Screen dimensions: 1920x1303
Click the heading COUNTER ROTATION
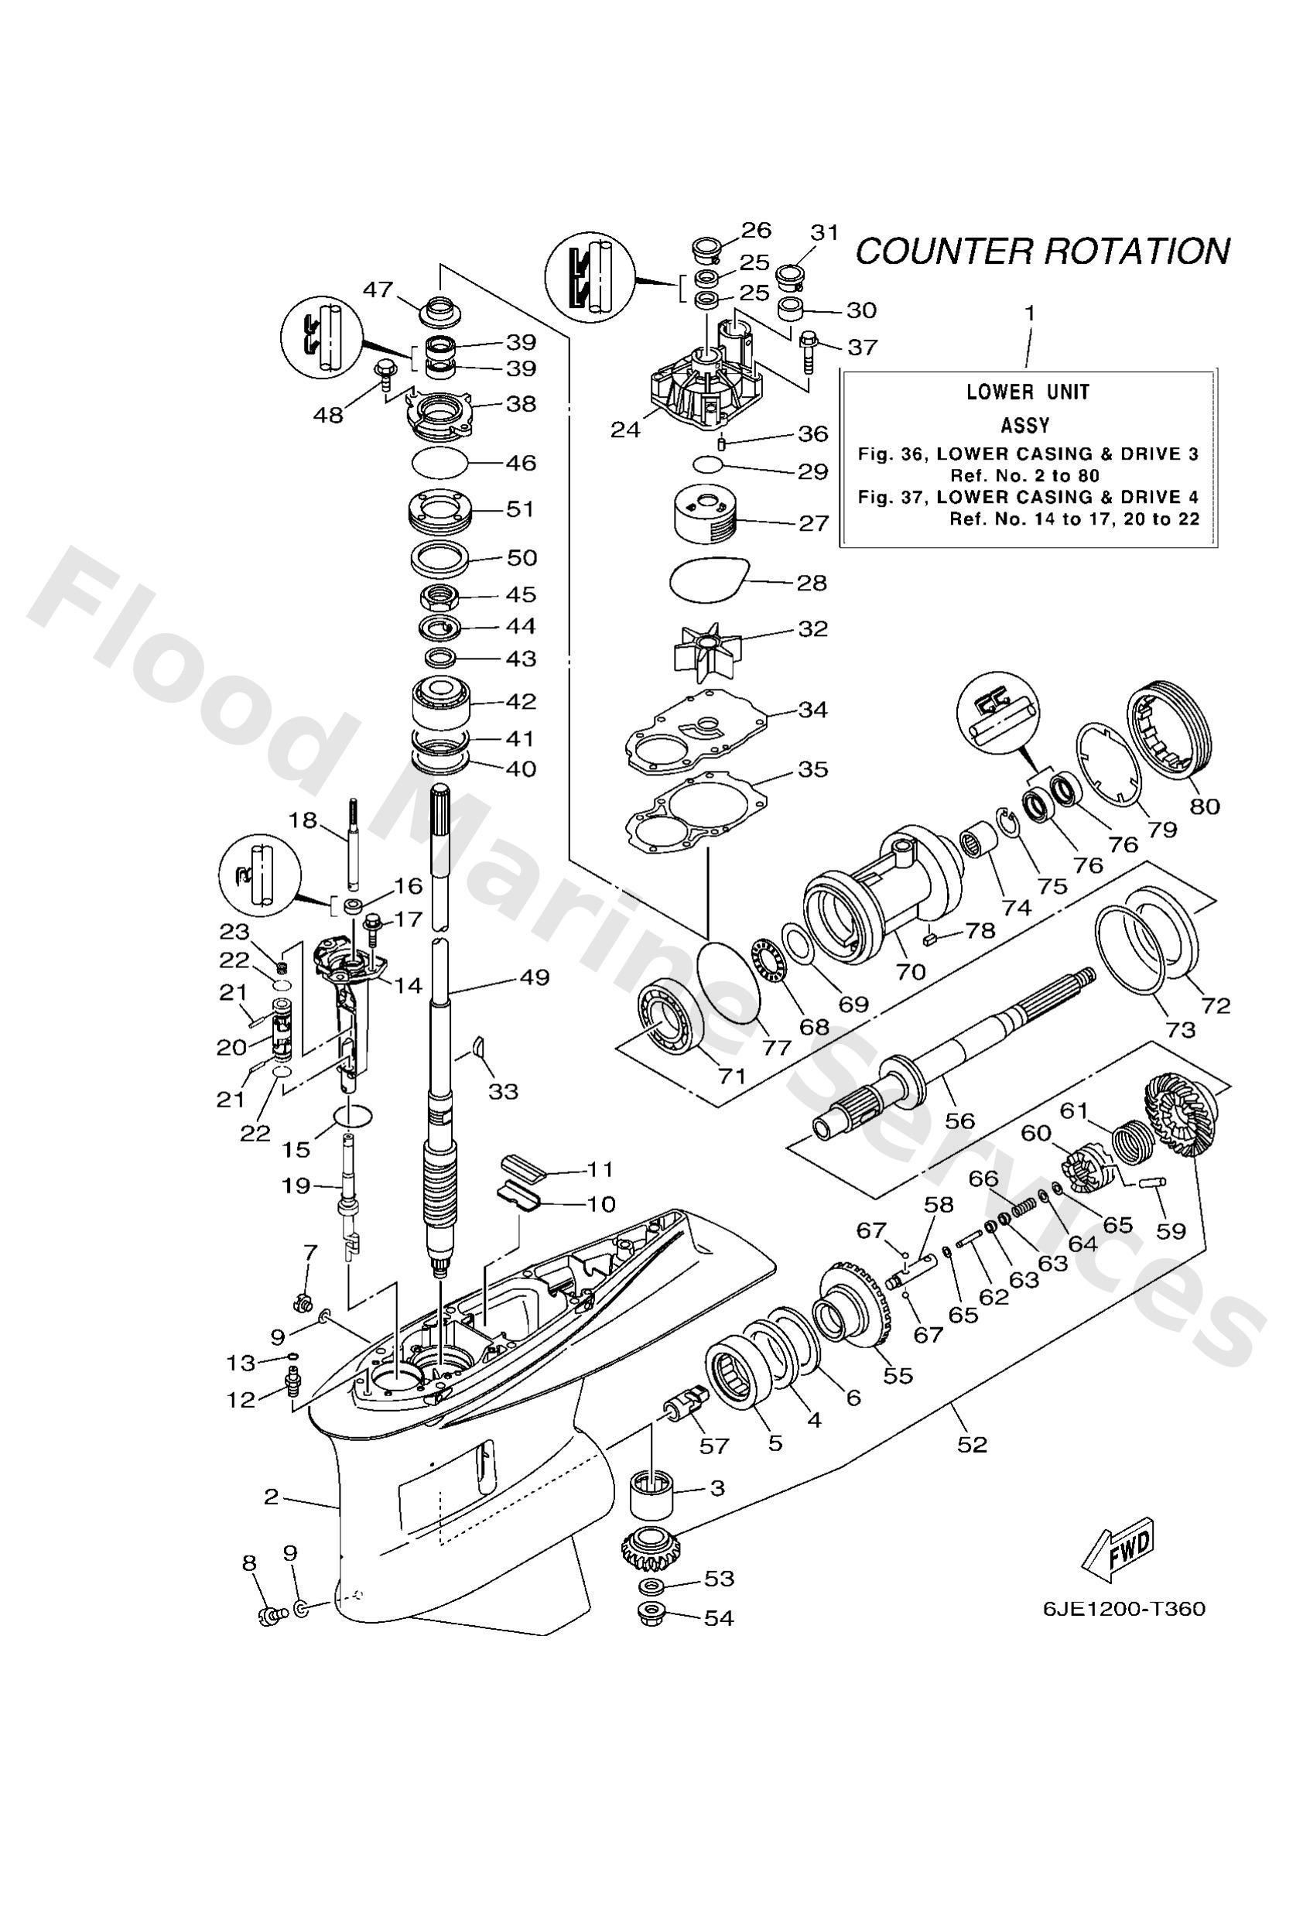pyautogui.click(x=1042, y=249)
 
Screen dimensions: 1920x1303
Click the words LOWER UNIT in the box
pyautogui.click(x=1028, y=392)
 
